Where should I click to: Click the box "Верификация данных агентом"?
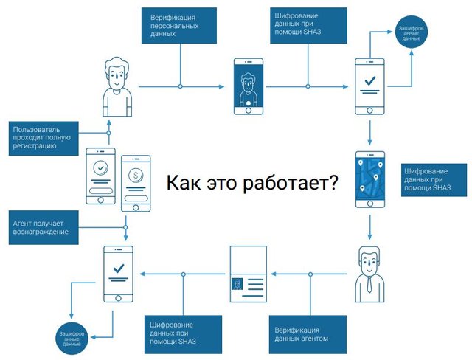coord(301,333)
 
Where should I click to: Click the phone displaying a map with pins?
coord(369,178)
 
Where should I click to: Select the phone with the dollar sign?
coord(135,182)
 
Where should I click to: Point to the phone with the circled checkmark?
coord(101,176)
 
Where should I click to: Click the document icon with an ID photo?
coord(247,273)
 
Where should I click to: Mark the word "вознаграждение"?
coord(41,232)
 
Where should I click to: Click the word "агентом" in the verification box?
coord(313,339)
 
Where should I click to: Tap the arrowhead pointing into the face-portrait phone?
coord(224,87)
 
